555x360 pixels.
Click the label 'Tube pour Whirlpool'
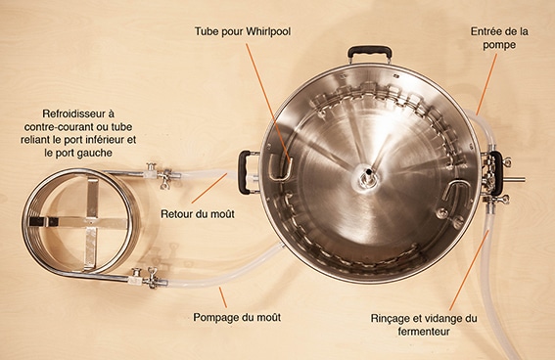click(243, 32)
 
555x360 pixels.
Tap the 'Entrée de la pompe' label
click(499, 38)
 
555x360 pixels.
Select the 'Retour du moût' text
click(198, 214)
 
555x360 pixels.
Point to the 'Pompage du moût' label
click(237, 317)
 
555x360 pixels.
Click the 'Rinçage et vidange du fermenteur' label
click(424, 325)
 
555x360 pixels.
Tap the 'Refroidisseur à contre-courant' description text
click(78, 133)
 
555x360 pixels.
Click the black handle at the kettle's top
click(370, 53)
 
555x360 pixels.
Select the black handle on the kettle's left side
click(244, 172)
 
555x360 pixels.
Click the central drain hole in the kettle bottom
click(369, 173)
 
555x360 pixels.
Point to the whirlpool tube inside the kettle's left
click(282, 169)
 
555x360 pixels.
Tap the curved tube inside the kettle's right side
click(456, 190)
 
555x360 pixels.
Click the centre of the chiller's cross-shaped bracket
click(91, 222)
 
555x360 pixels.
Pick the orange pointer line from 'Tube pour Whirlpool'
click(268, 103)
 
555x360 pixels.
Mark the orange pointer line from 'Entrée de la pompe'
click(486, 84)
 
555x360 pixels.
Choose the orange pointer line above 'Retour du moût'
click(209, 188)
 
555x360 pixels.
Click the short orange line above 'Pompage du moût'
click(222, 297)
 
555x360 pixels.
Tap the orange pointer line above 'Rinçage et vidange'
click(469, 270)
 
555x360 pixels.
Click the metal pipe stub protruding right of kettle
click(514, 180)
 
